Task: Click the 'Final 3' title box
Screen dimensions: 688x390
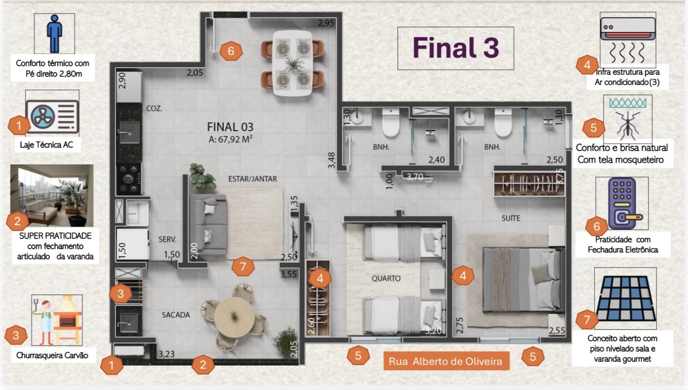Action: coord(455,48)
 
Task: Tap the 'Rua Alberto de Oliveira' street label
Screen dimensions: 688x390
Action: coord(446,361)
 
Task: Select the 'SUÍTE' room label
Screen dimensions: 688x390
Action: coord(511,218)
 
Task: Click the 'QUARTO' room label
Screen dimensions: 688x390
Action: coord(386,278)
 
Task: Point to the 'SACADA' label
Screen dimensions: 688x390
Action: coord(175,315)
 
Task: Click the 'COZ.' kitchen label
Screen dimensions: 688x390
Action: coord(154,108)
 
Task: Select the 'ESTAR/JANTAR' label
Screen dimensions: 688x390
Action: coord(252,179)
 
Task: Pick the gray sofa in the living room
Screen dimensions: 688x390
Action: coord(209,225)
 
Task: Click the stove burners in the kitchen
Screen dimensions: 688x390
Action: coord(129,178)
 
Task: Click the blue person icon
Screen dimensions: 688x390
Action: coord(54,34)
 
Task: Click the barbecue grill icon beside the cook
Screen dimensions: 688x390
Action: coord(68,320)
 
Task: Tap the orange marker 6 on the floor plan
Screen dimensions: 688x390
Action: coord(231,51)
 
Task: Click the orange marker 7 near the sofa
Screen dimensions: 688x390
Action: coord(243,266)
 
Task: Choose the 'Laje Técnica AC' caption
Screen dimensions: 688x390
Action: coord(46,145)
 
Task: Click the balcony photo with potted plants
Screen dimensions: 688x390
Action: coord(52,195)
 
